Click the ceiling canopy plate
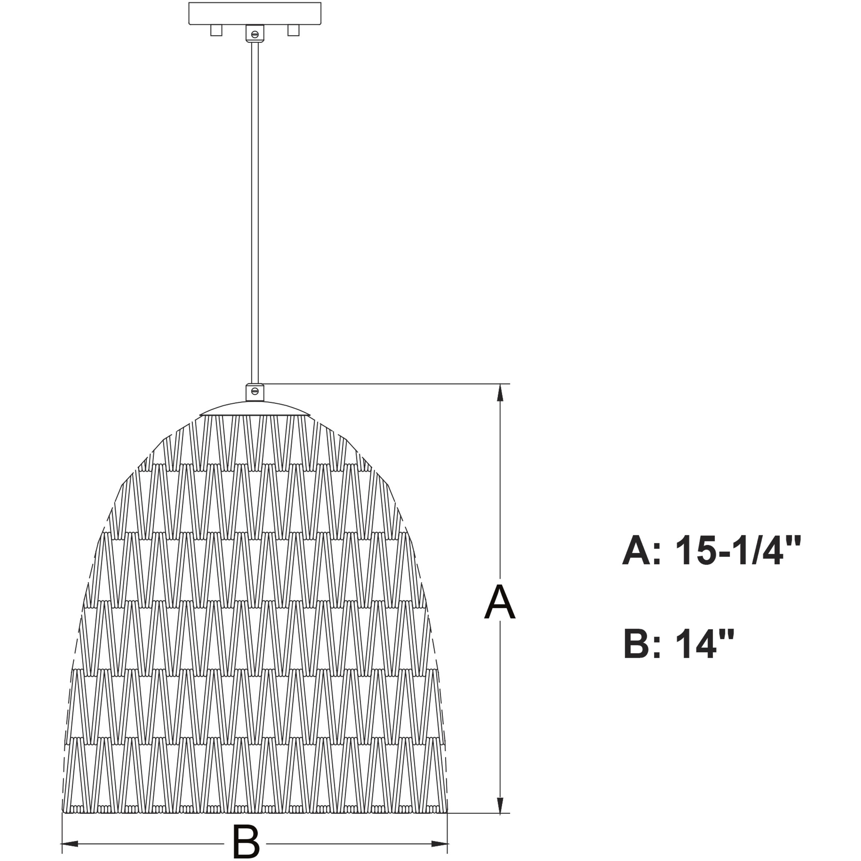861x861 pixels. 255,13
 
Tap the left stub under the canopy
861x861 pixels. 216,30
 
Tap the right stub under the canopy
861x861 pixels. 293,30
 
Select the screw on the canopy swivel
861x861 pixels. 255,34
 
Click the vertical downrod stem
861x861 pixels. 255,209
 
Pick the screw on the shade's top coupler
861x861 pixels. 255,391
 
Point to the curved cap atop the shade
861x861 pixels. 255,409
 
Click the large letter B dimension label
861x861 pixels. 245,841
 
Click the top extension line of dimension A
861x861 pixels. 383,384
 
